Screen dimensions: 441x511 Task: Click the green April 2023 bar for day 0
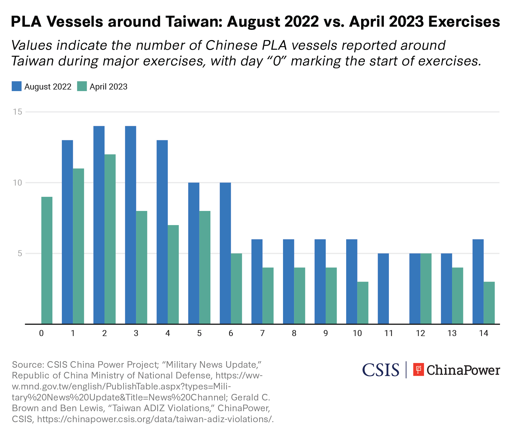click(47, 260)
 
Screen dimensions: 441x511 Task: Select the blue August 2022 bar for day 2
click(99, 225)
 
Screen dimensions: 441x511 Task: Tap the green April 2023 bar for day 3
click(142, 267)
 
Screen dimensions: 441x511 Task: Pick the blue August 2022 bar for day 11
click(383, 288)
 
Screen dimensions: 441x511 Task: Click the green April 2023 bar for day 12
click(426, 288)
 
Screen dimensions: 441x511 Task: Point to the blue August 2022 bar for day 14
click(478, 281)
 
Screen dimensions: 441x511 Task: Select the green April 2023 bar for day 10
click(363, 303)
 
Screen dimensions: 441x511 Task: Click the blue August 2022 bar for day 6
click(225, 253)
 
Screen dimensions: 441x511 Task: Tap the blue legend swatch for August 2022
click(17, 86)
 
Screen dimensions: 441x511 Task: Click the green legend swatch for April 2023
click(82, 86)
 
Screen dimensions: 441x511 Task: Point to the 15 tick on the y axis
click(18, 112)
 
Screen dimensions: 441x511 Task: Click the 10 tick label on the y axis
click(18, 183)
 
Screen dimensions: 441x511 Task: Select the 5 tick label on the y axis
click(20, 253)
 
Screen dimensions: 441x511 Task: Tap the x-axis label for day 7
click(262, 333)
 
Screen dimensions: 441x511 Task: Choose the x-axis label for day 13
click(452, 333)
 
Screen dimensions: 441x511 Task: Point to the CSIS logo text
click(380, 370)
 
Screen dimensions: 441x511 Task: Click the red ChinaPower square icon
click(418, 370)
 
